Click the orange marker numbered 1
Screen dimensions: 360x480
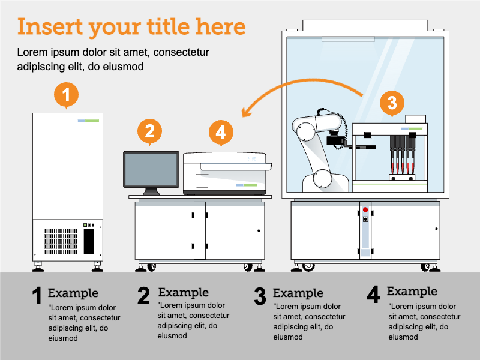(67, 95)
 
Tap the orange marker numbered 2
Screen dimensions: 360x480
(150, 131)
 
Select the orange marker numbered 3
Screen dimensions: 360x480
(392, 103)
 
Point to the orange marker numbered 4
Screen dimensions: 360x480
(221, 131)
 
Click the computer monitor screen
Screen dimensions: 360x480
(151, 169)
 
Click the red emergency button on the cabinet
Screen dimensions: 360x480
(365, 210)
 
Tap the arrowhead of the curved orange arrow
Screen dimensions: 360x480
(245, 112)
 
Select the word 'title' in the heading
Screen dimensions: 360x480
(170, 27)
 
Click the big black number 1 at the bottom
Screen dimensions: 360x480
(37, 296)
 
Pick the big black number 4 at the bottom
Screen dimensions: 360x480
(373, 294)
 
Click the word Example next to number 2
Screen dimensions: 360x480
(183, 293)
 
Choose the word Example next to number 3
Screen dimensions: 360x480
(298, 293)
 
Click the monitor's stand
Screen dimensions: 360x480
(151, 191)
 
